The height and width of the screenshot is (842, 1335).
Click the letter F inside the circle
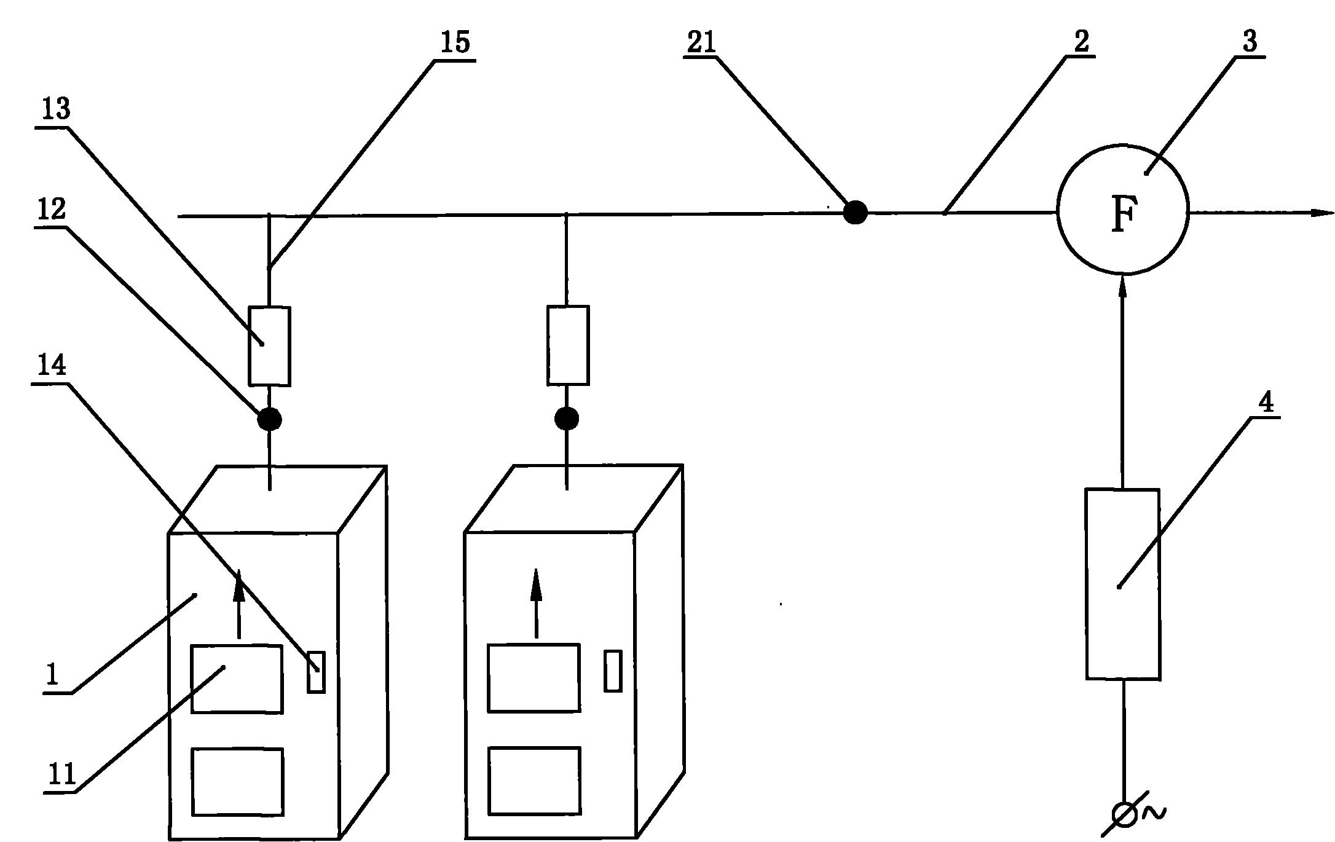pyautogui.click(x=1123, y=214)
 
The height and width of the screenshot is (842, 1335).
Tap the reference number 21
pyautogui.click(x=701, y=42)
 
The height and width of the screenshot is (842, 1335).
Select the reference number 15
pyautogui.click(x=455, y=42)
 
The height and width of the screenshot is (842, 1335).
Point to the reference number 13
pyautogui.click(x=56, y=109)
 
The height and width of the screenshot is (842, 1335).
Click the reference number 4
pyautogui.click(x=1266, y=402)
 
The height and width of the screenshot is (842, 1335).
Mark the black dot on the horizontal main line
pyautogui.click(x=855, y=213)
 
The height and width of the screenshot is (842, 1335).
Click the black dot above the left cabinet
pyautogui.click(x=269, y=420)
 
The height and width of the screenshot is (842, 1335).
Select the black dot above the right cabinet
pyautogui.click(x=566, y=419)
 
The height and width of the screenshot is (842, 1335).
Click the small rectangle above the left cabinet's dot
pyautogui.click(x=269, y=346)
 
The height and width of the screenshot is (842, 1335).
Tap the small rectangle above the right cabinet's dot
pyautogui.click(x=568, y=345)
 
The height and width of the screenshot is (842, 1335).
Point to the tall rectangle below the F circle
pyautogui.click(x=1123, y=584)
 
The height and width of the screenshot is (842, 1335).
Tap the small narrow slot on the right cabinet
pyautogui.click(x=613, y=671)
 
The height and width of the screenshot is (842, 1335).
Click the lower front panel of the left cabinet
pyautogui.click(x=237, y=782)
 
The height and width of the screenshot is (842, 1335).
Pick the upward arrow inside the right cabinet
pyautogui.click(x=536, y=602)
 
